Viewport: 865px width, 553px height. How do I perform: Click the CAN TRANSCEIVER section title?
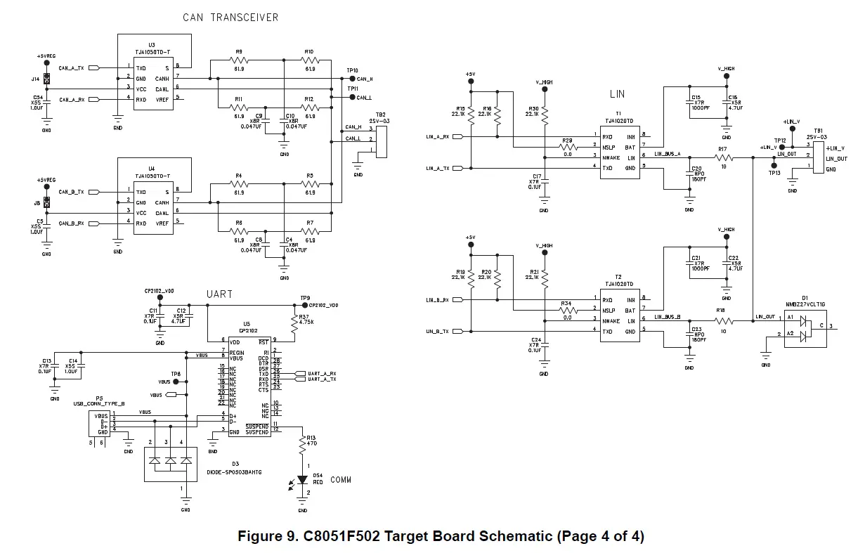(x=230, y=18)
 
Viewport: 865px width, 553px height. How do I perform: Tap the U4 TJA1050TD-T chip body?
(x=153, y=208)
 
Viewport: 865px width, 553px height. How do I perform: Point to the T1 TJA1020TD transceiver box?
(x=619, y=152)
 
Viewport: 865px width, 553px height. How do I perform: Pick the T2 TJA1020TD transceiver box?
(x=619, y=315)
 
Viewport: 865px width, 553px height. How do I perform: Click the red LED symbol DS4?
(x=304, y=480)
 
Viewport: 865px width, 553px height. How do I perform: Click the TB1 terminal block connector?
(x=818, y=156)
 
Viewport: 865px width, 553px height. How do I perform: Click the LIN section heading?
(x=616, y=94)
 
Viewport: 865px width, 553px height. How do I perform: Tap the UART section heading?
(x=219, y=294)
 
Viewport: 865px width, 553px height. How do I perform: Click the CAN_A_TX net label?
(x=71, y=68)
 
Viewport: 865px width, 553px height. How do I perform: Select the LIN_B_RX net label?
(x=437, y=300)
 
